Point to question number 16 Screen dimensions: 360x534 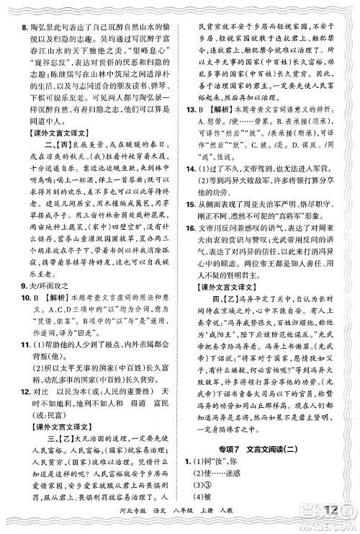click(x=190, y=247)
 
